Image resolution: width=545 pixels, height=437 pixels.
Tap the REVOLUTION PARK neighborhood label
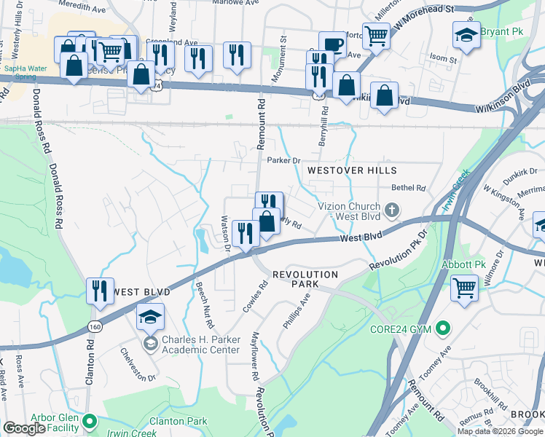coord(305,280)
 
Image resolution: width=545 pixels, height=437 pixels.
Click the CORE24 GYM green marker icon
coord(442,329)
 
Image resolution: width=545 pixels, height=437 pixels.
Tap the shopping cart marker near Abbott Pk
coord(464,288)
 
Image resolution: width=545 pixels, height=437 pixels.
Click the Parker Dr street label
coord(283,160)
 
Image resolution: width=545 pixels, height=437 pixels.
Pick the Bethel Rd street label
coord(411,188)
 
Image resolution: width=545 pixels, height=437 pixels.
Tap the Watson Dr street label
coord(227,232)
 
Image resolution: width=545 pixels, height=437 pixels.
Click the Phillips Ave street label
coord(302,311)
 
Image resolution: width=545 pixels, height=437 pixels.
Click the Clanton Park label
coord(178,421)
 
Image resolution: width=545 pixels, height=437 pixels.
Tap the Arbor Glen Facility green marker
coord(90,421)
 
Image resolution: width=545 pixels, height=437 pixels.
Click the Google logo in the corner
coord(24,428)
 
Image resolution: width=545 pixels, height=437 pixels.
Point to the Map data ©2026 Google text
coord(500,431)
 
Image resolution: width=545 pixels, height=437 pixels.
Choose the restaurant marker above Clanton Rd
coord(100,290)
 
